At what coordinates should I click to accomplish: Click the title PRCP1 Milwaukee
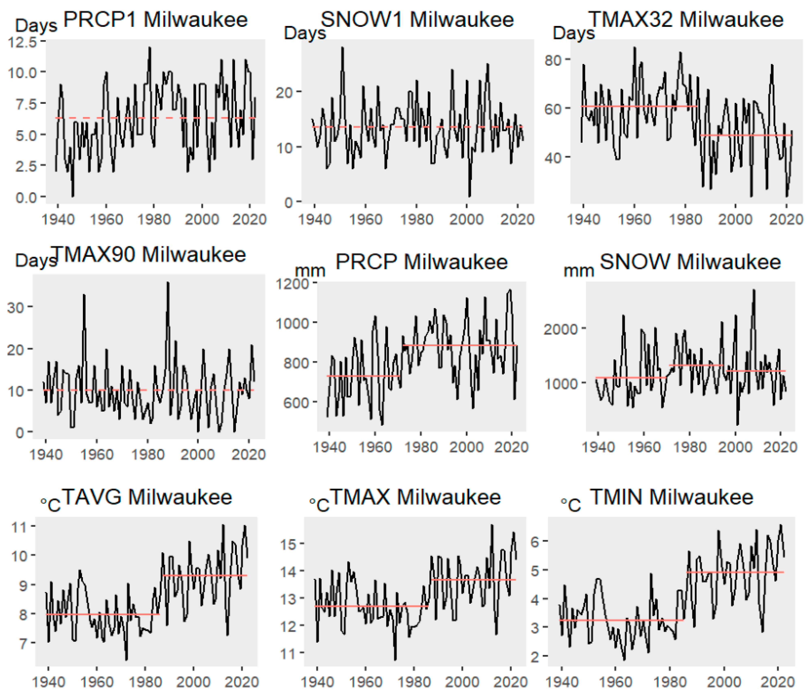(155, 20)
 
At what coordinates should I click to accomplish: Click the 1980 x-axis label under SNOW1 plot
(416, 219)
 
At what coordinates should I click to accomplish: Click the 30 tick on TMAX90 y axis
(16, 307)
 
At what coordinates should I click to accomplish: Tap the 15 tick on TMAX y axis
(289, 544)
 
